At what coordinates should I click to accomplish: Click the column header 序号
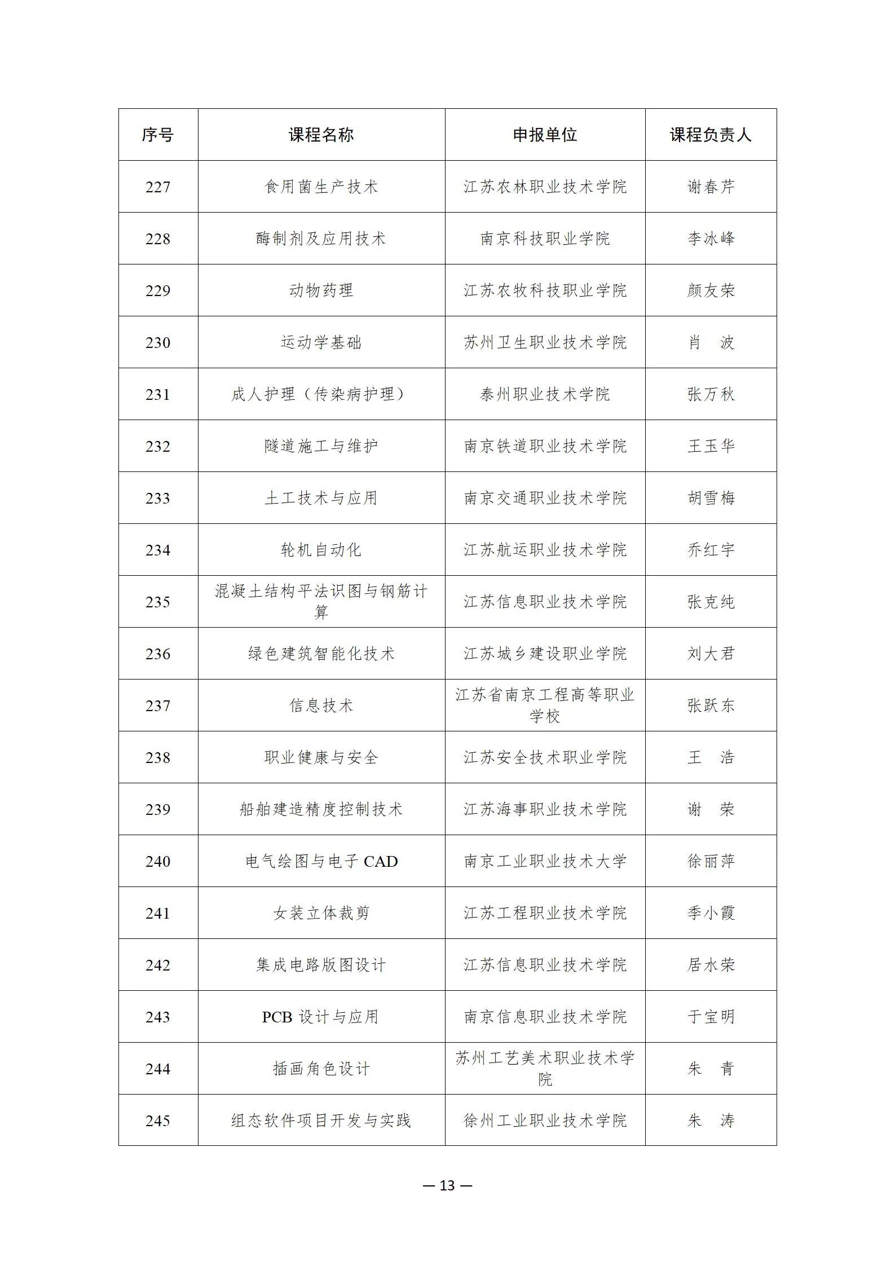[157, 135]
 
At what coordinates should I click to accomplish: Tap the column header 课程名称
[321, 135]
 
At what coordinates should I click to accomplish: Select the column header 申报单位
[545, 135]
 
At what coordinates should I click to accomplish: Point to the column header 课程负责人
[711, 135]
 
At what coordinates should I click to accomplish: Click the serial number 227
[157, 187]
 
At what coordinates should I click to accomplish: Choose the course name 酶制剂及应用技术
[321, 239]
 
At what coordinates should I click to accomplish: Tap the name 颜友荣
[711, 290]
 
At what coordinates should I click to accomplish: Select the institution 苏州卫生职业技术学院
[545, 342]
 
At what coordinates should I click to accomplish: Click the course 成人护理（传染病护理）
[321, 394]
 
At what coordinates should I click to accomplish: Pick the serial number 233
[157, 498]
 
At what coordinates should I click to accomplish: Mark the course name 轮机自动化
[321, 550]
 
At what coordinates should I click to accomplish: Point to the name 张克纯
[711, 602]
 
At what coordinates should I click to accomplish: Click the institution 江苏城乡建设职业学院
[545, 654]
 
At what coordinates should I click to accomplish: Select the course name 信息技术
[321, 705]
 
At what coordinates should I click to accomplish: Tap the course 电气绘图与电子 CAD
[321, 861]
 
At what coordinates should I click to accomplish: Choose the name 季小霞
[711, 913]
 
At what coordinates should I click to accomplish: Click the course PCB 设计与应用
[321, 1017]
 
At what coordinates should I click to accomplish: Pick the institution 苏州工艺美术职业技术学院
[545, 1069]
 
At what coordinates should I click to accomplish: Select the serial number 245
[157, 1121]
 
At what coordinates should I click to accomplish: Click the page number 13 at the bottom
[447, 1185]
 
